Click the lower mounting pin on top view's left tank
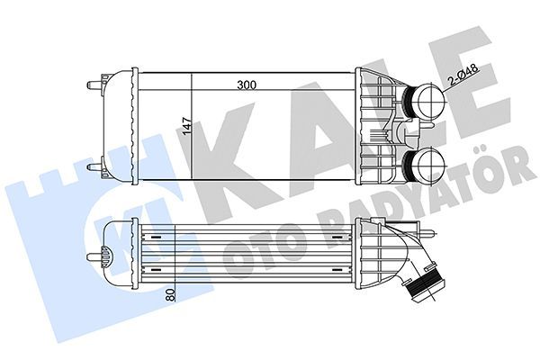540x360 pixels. coord(94,166)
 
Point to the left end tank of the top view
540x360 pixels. coord(118,126)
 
